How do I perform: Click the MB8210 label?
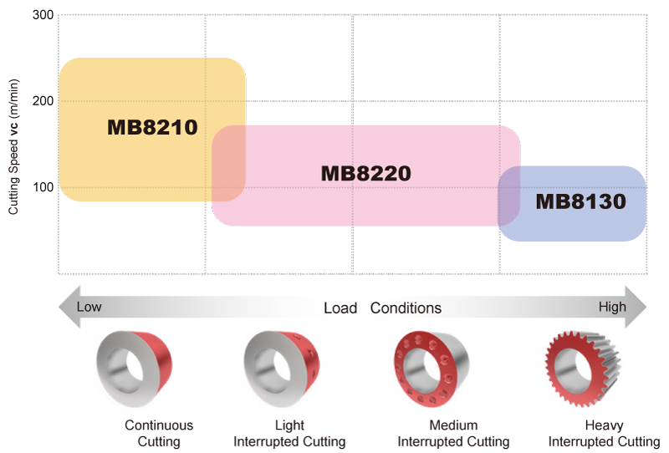pyautogui.click(x=152, y=128)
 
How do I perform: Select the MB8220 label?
pyautogui.click(x=366, y=174)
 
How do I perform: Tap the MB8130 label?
pyautogui.click(x=580, y=201)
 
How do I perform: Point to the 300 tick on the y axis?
pyautogui.click(x=42, y=16)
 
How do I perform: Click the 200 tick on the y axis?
pyautogui.click(x=42, y=101)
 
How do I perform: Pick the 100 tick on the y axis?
pyautogui.click(x=42, y=186)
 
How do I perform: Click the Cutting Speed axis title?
pyautogui.click(x=14, y=147)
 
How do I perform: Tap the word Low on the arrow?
pyautogui.click(x=89, y=307)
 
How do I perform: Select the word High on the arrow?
pyautogui.click(x=612, y=307)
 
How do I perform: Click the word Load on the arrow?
pyautogui.click(x=340, y=308)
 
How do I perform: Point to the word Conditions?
pyautogui.click(x=406, y=308)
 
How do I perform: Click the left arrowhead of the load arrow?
pyautogui.click(x=67, y=307)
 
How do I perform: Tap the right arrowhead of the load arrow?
pyautogui.click(x=637, y=307)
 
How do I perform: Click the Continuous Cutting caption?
pyautogui.click(x=159, y=433)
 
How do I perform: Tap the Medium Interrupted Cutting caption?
pyautogui.click(x=453, y=433)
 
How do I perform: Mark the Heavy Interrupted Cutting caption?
pyautogui.click(x=604, y=433)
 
